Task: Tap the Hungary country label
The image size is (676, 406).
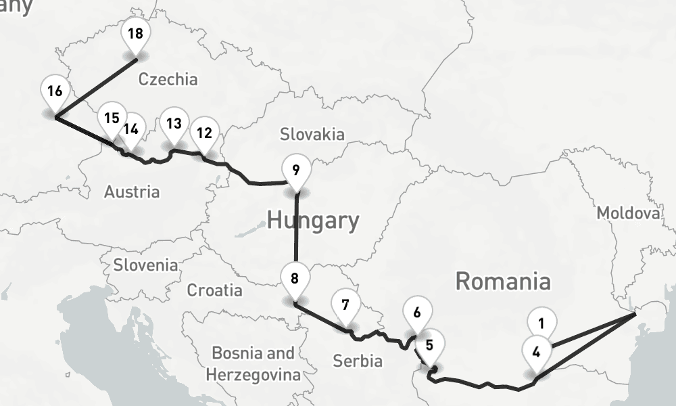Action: pos(313,221)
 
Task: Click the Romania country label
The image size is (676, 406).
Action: pos(503,281)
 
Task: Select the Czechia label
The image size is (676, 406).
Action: pos(168,79)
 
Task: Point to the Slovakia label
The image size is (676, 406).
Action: pos(312,134)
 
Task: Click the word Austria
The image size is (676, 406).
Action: pos(132,192)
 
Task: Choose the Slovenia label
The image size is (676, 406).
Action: pos(146,265)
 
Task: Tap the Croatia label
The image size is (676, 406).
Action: pos(214,290)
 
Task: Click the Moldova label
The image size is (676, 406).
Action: pos(628,214)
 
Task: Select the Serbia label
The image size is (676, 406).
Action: pos(357,361)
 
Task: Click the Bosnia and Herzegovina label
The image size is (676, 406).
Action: pos(253,363)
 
